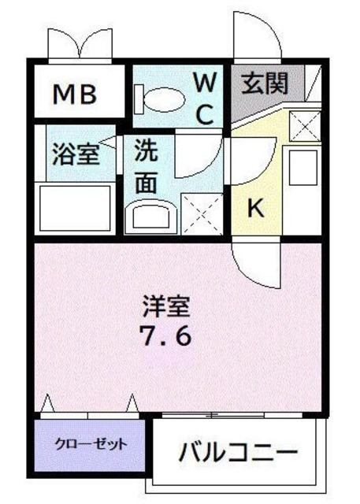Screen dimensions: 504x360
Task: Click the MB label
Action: [x=75, y=95]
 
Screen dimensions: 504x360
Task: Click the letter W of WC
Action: [x=205, y=81]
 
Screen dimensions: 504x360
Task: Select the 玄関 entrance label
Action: [x=263, y=82]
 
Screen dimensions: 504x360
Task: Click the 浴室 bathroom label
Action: [x=76, y=153]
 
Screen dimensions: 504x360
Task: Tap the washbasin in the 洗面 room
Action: [x=152, y=215]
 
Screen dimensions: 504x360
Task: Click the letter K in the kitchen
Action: [x=255, y=208]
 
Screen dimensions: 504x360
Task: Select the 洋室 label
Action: [x=166, y=304]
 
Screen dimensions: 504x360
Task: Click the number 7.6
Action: [x=166, y=336]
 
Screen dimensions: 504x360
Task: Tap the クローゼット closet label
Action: [x=91, y=444]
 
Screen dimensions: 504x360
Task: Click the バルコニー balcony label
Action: [x=237, y=453]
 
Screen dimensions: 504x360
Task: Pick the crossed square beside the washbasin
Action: [x=202, y=211]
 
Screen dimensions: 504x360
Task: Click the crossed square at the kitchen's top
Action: [x=302, y=126]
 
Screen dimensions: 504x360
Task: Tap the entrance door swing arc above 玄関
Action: [x=254, y=39]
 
